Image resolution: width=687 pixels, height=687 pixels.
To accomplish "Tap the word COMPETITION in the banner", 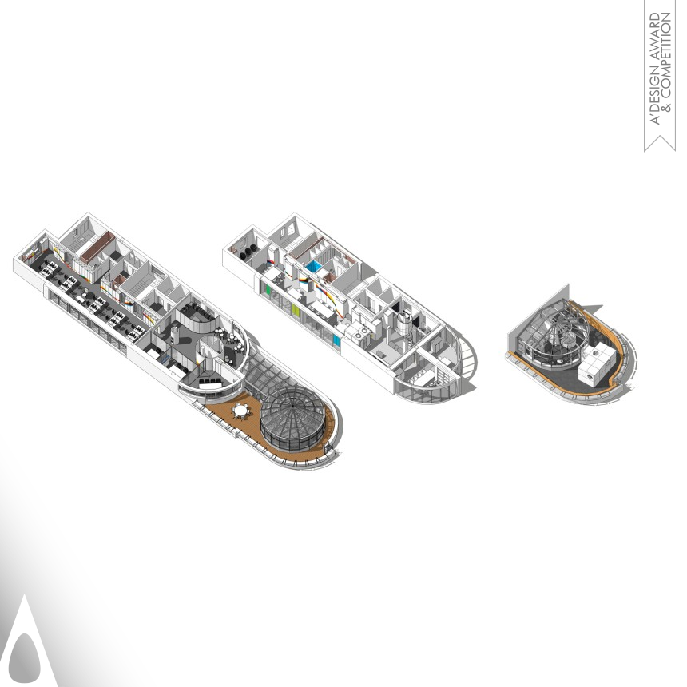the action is (x=666, y=54).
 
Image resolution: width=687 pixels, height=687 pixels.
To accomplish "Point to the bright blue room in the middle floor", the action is (x=314, y=266).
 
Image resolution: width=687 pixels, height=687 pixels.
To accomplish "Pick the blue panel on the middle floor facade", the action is (x=336, y=340).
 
